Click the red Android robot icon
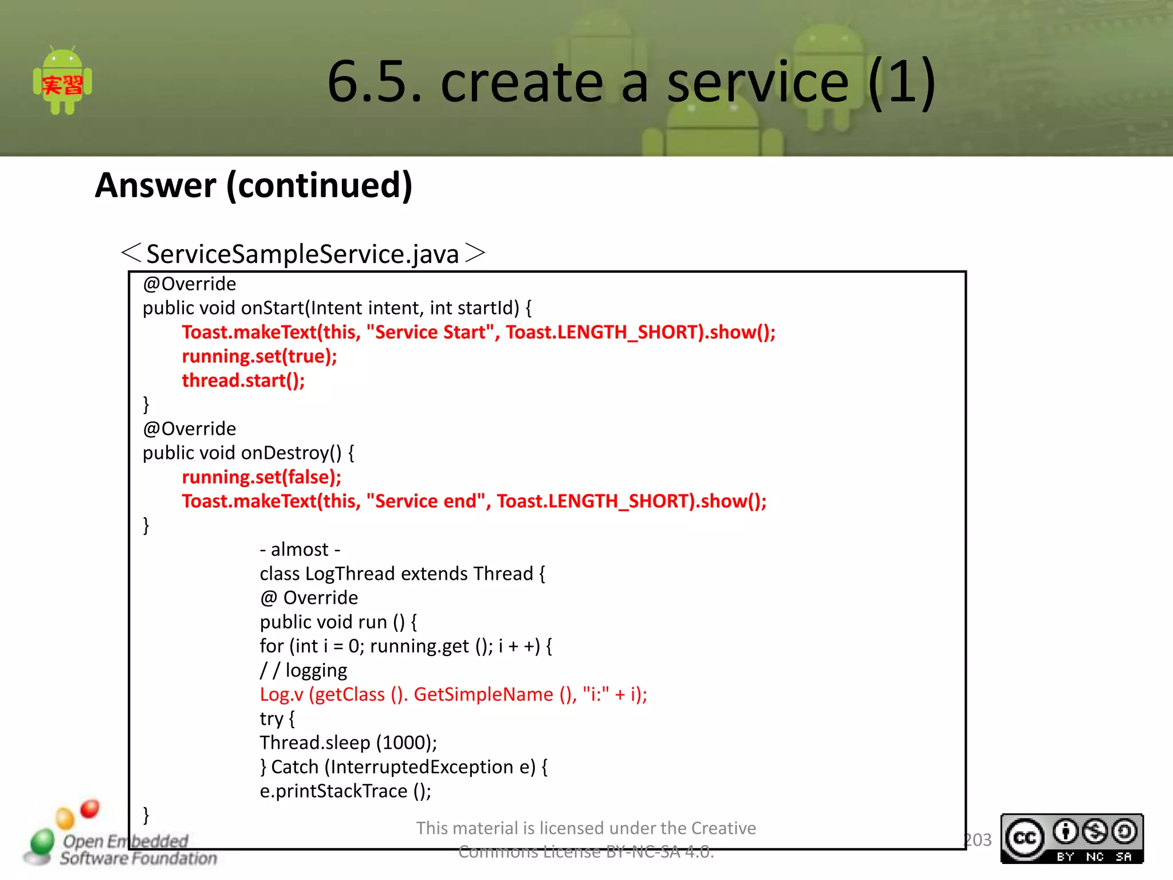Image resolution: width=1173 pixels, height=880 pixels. [x=62, y=81]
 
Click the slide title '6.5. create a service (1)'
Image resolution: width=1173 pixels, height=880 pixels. [x=631, y=81]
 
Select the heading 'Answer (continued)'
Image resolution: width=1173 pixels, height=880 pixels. [x=254, y=185]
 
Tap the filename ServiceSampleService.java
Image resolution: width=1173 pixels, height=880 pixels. [x=302, y=254]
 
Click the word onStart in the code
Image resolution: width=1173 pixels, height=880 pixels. [x=272, y=308]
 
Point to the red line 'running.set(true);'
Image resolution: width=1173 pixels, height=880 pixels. [x=259, y=356]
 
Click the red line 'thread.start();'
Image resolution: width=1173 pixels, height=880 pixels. [x=243, y=380]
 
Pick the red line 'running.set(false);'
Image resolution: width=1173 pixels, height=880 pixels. [x=261, y=477]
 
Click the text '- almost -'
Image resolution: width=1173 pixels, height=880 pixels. [x=300, y=549]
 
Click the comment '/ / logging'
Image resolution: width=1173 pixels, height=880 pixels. [x=304, y=670]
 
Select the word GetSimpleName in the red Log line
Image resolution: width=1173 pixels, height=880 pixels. [x=483, y=694]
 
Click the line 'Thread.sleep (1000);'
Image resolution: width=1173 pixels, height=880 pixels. [x=348, y=742]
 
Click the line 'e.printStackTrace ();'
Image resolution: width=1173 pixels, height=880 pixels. [x=345, y=791]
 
